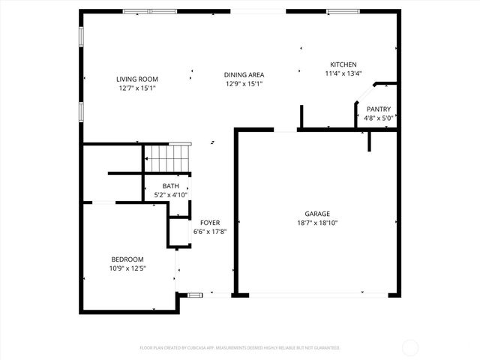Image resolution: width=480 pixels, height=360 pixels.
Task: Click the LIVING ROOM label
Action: pos(137,79)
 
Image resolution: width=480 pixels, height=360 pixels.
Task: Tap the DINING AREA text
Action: pos(244,74)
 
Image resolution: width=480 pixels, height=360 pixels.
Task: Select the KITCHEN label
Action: pos(343,64)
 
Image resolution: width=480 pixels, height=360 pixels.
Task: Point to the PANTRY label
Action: pos(379,109)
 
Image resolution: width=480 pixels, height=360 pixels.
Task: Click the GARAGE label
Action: pos(316,214)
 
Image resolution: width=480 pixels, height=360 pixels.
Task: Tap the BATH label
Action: pos(171,186)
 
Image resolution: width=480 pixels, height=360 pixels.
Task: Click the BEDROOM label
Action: pos(127,259)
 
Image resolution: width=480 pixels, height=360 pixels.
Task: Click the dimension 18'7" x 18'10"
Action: pos(316,223)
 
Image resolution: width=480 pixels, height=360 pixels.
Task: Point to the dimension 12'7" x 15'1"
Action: pos(137,88)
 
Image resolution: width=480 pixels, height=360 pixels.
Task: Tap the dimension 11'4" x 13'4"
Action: pos(343,73)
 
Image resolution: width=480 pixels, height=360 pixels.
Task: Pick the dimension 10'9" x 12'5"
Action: pos(127,268)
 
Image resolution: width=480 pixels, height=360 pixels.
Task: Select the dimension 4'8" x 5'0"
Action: pos(379,118)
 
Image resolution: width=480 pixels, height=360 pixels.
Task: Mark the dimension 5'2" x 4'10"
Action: pos(171,195)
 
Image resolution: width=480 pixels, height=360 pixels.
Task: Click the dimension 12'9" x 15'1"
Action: pos(244,83)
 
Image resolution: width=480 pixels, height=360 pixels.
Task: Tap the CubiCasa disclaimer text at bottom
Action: pos(240,348)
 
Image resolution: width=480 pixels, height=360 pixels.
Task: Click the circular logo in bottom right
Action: pos(410,347)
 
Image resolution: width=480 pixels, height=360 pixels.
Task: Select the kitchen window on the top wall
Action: pos(342,11)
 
